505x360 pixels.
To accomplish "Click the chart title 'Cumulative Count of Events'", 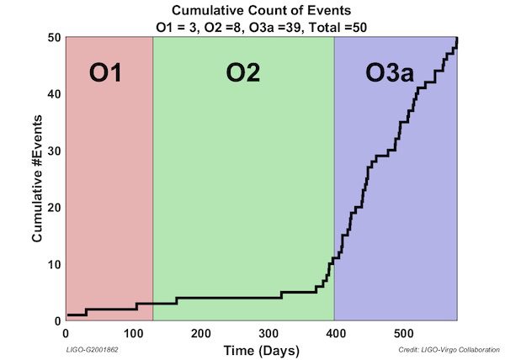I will click(260, 10).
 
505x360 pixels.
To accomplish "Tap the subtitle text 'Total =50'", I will click(337, 26).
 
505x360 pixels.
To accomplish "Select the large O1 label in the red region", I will click(106, 73).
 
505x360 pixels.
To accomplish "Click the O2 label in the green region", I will click(242, 73).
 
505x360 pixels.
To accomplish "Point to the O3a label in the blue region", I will click(391, 73).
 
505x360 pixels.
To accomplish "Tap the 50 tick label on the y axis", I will click(52, 38).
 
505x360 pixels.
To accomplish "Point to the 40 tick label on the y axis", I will click(52, 94).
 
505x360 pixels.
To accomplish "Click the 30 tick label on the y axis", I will click(52, 151).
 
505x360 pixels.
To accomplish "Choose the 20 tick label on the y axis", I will click(52, 208).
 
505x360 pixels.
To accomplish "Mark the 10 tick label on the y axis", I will click(52, 264).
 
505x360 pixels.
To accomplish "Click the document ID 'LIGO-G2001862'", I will click(92, 348).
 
